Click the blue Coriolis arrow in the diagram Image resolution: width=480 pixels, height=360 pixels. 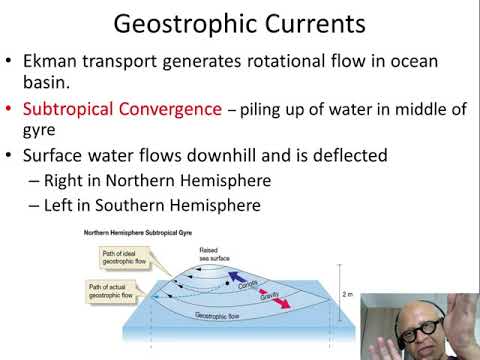(x=241, y=273)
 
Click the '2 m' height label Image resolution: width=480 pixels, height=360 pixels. (x=348, y=296)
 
